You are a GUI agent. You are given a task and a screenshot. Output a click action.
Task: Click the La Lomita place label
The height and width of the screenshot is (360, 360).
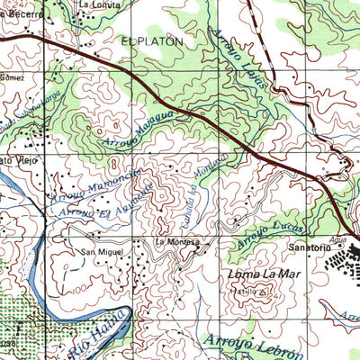click(98, 4)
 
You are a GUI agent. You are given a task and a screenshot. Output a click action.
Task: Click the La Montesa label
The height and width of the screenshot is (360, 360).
click(175, 242)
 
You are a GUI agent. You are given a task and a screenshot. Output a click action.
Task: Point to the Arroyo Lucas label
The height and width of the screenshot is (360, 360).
click(260, 233)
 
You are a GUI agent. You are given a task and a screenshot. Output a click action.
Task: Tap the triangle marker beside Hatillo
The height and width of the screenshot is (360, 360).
click(262, 292)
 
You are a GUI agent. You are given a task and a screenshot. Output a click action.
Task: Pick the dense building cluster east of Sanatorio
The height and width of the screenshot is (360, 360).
click(342, 261)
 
